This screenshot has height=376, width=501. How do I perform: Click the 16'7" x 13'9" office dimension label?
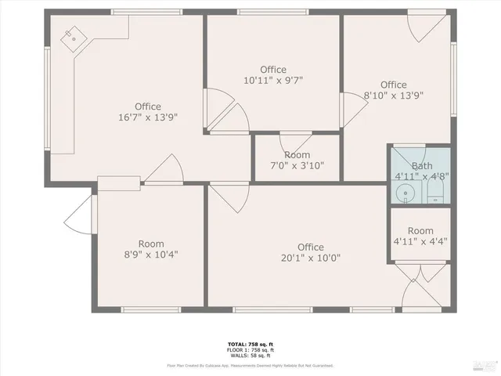coord(147,112)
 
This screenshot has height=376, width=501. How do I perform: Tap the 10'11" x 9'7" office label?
coord(273,74)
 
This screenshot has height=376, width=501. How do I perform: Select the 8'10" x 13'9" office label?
coord(393,90)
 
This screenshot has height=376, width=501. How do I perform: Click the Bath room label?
coord(421,171)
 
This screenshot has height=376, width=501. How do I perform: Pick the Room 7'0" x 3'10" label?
coord(297,161)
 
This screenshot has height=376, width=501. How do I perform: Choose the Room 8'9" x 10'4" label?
coord(151,249)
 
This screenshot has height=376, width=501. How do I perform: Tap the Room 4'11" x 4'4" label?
coord(420,236)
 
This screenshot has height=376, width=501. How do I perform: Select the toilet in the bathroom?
coord(437,190)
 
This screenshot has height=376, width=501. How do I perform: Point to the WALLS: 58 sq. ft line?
coord(250,356)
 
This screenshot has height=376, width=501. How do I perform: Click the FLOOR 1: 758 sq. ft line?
coord(250,351)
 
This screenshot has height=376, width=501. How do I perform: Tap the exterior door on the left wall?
coord(80,213)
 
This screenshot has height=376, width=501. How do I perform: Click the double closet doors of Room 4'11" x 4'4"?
coord(420,274)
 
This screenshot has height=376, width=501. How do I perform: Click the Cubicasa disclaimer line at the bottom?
coord(250,366)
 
